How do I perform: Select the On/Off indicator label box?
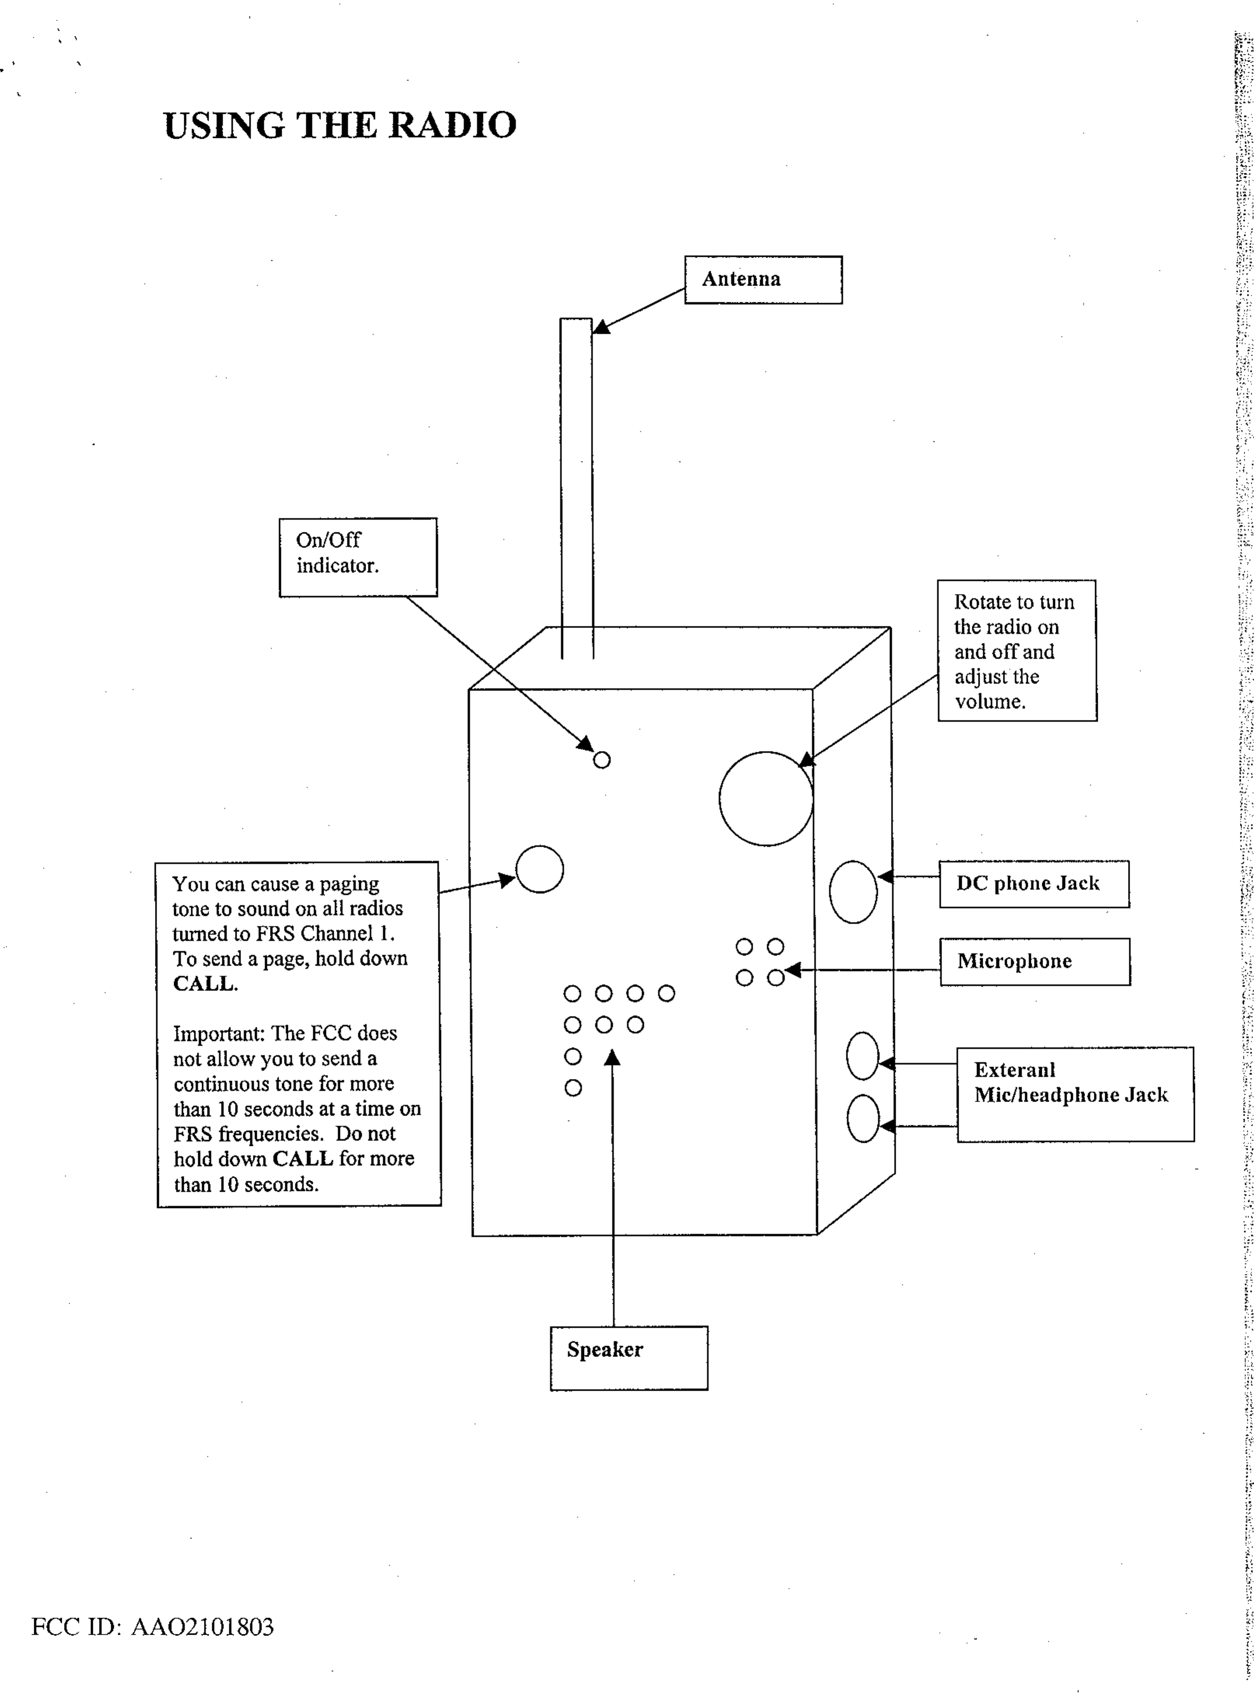point(357,557)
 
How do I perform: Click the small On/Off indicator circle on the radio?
point(601,760)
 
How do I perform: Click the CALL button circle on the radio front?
point(540,869)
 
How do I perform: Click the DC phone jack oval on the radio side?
point(853,892)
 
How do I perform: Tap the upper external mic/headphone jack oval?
point(862,1055)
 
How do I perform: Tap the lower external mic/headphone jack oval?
point(862,1118)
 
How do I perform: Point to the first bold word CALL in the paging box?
point(204,984)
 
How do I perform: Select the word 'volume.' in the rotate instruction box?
point(990,702)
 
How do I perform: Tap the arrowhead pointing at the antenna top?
point(601,327)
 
